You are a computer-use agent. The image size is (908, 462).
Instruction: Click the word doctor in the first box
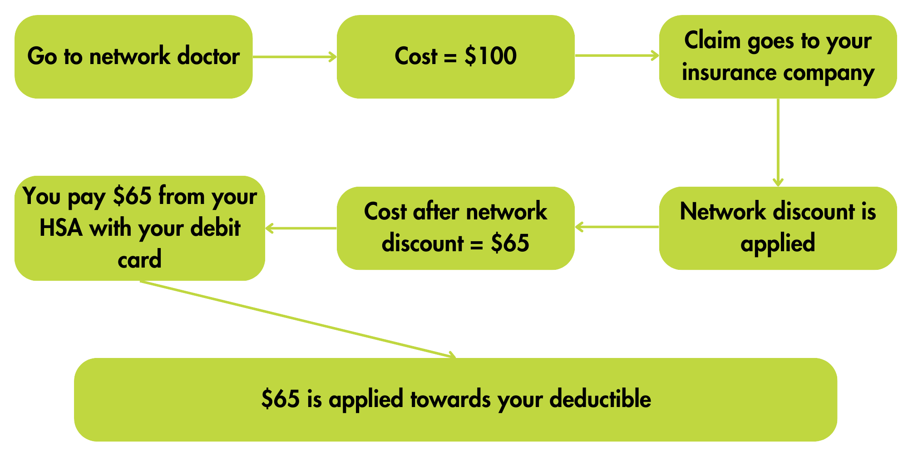coord(208,56)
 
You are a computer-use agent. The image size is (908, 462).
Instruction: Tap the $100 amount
coord(490,56)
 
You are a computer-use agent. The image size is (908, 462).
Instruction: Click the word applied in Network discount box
coord(778,243)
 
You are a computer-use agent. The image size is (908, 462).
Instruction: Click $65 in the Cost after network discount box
coord(510,243)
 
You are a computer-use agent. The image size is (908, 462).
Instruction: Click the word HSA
coord(61,228)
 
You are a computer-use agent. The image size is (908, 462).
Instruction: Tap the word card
coord(139,259)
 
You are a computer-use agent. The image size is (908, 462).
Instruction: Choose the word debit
coord(215,228)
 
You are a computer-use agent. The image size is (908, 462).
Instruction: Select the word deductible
coord(600,399)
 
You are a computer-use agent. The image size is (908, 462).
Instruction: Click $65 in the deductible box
coord(280,399)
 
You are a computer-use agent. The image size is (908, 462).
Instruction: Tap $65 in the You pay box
coord(132,196)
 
